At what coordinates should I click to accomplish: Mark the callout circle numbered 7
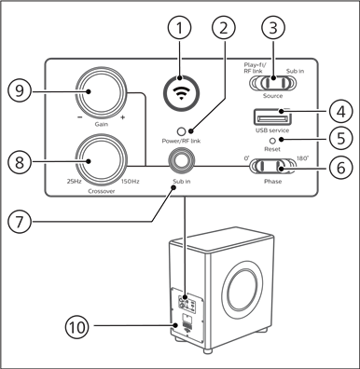point(24,223)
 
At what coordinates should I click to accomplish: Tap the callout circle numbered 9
point(24,91)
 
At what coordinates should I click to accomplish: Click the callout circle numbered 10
point(76,326)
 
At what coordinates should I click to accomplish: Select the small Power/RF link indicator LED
point(190,133)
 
